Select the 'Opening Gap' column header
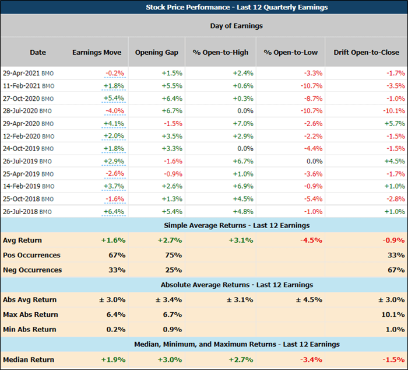point(157,53)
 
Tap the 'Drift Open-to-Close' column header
point(366,53)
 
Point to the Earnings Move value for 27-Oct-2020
point(114,99)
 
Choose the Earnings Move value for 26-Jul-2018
point(114,211)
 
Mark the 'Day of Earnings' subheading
point(236,26)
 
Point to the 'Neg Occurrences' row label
point(32,270)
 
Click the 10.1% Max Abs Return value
point(394,315)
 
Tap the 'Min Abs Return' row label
point(29,330)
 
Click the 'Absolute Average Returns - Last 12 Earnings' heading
point(237,285)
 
